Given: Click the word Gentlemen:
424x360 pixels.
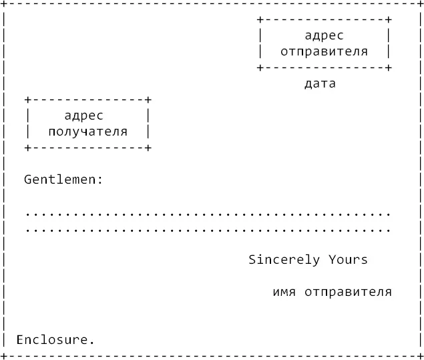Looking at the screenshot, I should [63, 180].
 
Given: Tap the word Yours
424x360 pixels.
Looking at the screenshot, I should [348, 260].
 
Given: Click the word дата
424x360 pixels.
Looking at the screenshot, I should [320, 84].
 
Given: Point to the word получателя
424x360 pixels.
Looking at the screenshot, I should [87, 132].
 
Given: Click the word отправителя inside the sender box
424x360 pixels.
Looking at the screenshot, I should [324, 51].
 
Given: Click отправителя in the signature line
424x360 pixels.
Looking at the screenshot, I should [348, 292].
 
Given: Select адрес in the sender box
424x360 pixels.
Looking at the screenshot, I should [324, 35].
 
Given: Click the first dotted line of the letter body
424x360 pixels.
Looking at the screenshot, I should [208, 215].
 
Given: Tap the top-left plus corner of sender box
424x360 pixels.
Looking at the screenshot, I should [260, 20].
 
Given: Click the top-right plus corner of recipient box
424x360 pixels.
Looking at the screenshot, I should [148, 100].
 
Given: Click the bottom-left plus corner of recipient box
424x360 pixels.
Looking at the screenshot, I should [28, 148].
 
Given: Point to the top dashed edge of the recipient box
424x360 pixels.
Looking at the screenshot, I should [87, 100].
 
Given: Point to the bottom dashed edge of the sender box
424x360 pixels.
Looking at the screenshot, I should [324, 67].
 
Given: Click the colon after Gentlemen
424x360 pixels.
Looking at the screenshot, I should [100, 180].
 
